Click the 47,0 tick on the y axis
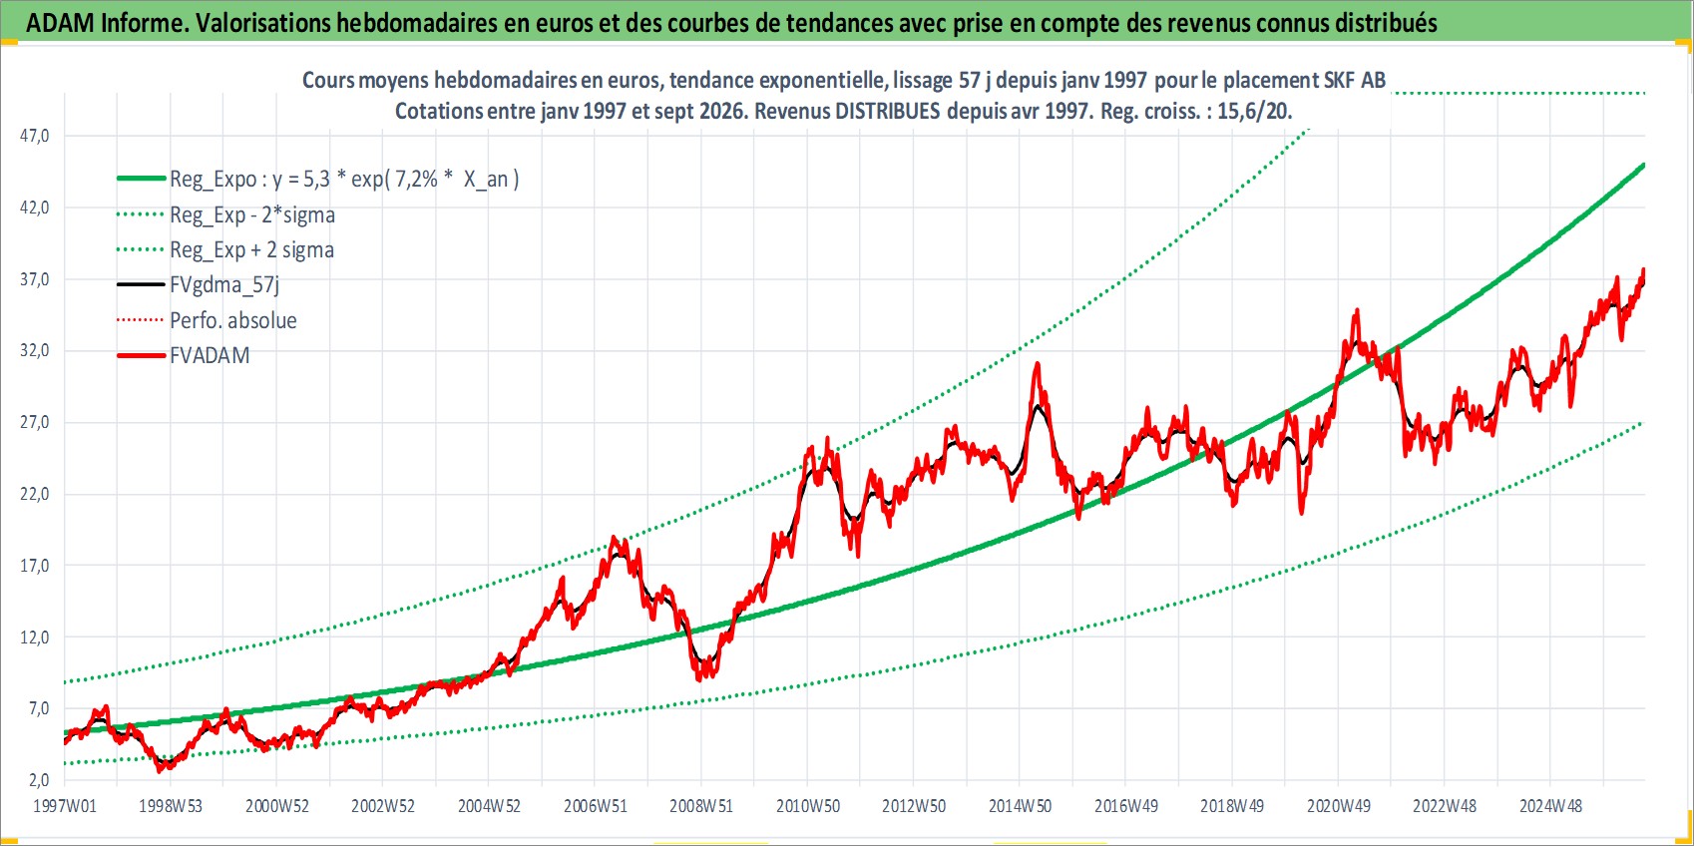pos(34,136)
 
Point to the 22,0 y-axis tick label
pos(34,494)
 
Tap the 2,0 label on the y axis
pos(37,779)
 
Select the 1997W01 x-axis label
pos(65,806)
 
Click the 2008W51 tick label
pos(701,806)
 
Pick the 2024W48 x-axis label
pos(1550,806)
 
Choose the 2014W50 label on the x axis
pos(1020,806)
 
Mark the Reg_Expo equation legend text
pos(344,180)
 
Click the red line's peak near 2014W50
pos(1038,364)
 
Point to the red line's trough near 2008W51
pos(700,679)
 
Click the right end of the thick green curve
pos(1644,165)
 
